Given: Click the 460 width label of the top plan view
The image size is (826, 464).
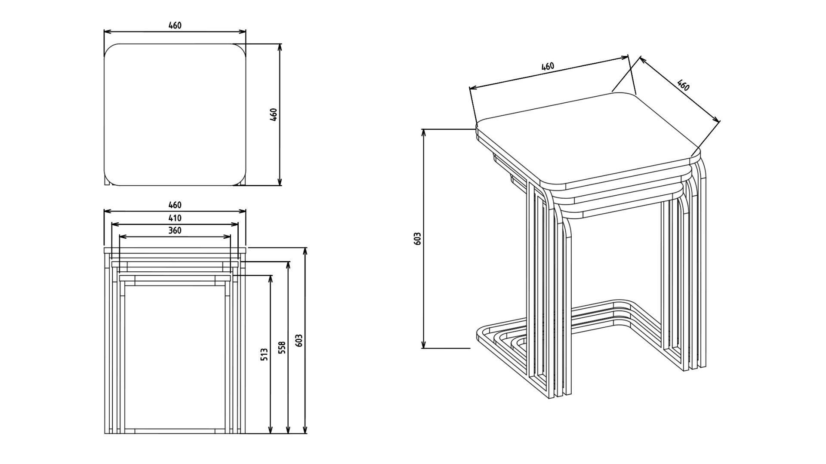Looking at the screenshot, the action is (x=175, y=25).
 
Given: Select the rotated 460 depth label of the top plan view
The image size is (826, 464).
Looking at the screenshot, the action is (x=273, y=114).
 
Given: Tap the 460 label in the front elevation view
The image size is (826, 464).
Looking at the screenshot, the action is (x=175, y=205).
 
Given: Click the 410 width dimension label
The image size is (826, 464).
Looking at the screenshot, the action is (x=175, y=218).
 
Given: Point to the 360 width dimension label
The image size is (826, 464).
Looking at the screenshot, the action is (x=175, y=230).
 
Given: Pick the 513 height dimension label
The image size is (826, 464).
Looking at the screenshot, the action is (x=264, y=354).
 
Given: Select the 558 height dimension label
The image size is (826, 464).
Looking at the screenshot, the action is (x=282, y=347).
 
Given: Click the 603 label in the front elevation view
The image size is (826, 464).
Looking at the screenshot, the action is (x=299, y=341).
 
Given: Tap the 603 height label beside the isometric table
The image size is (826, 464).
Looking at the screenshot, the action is (x=416, y=238).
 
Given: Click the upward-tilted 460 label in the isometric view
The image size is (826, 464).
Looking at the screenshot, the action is (x=548, y=67).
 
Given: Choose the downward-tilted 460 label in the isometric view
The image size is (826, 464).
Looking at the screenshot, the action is (x=683, y=85).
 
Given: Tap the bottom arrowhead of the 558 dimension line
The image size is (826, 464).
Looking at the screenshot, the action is (x=288, y=430).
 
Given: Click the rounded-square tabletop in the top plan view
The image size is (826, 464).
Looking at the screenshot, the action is (x=175, y=115).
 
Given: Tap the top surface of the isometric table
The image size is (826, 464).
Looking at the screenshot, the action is (x=588, y=138).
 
